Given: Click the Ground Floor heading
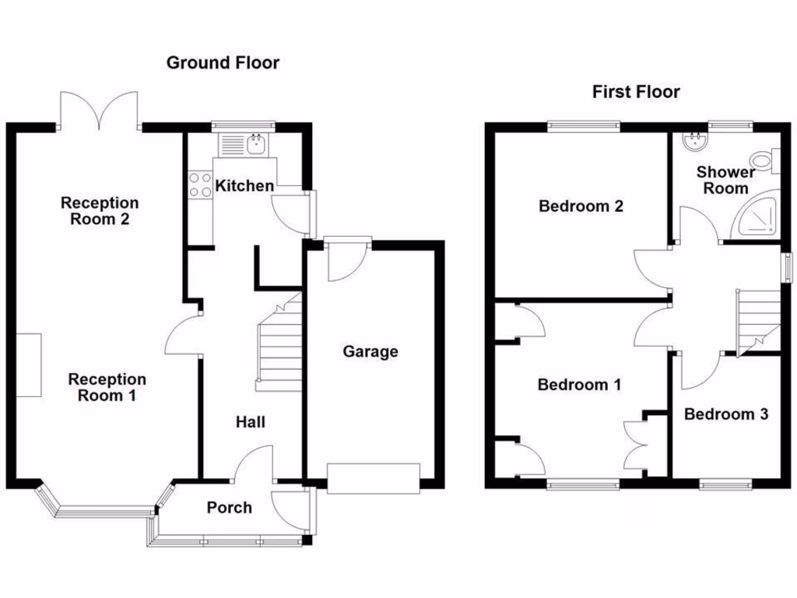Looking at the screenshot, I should pyautogui.click(x=223, y=63).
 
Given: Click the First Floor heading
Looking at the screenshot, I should pyautogui.click(x=636, y=92).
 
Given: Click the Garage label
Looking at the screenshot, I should pyautogui.click(x=370, y=352).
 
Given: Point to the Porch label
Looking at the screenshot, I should pyautogui.click(x=229, y=508).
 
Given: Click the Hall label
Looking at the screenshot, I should pyautogui.click(x=251, y=422).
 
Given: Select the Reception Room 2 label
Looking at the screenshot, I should pyautogui.click(x=100, y=211).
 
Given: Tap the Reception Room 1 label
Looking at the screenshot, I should pyautogui.click(x=107, y=387).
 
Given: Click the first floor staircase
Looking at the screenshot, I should pyautogui.click(x=757, y=319).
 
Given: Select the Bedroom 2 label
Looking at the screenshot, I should pyautogui.click(x=581, y=206).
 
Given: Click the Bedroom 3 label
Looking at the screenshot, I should pyautogui.click(x=725, y=414).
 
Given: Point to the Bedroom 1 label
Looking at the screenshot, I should pyautogui.click(x=579, y=385).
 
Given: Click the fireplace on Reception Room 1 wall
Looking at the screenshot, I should pyautogui.click(x=30, y=364).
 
